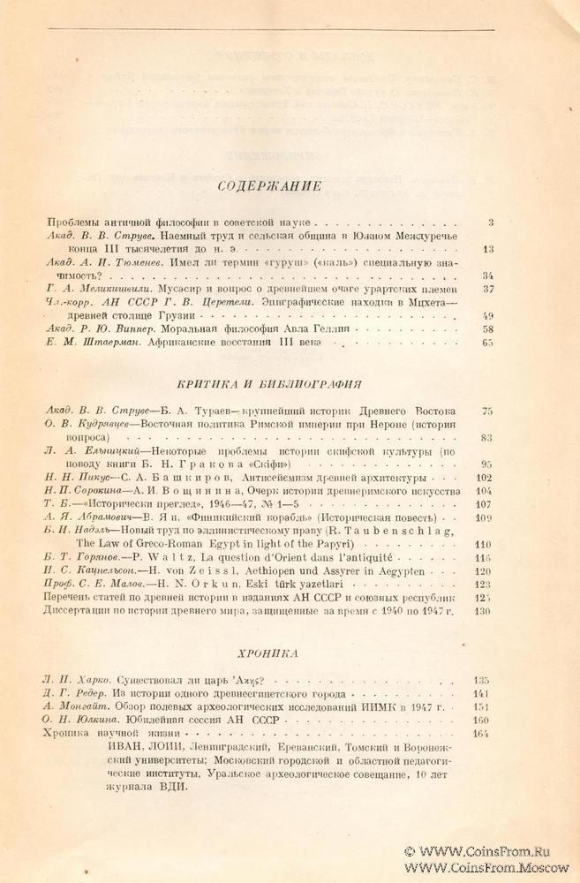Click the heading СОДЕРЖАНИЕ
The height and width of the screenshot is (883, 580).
click(268, 186)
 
